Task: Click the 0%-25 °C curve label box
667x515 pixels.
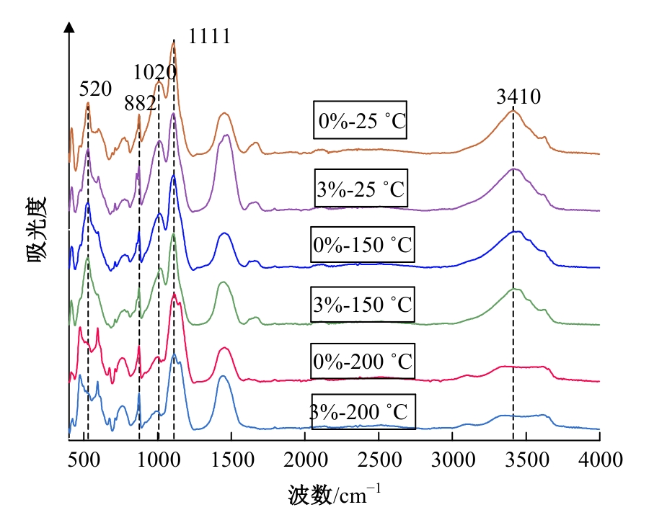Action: click(361, 120)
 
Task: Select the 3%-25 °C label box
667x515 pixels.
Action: click(363, 190)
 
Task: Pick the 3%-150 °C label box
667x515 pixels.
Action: click(364, 303)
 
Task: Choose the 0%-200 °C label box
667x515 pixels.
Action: click(364, 359)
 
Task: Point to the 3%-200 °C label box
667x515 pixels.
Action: click(363, 413)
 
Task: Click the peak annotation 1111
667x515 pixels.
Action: click(209, 37)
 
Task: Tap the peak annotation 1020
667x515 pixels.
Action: click(154, 72)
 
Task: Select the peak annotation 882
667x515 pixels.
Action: click(140, 103)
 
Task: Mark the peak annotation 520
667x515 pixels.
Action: click(95, 89)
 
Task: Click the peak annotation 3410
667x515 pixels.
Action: click(518, 97)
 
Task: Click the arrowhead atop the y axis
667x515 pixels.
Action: click(69, 26)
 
